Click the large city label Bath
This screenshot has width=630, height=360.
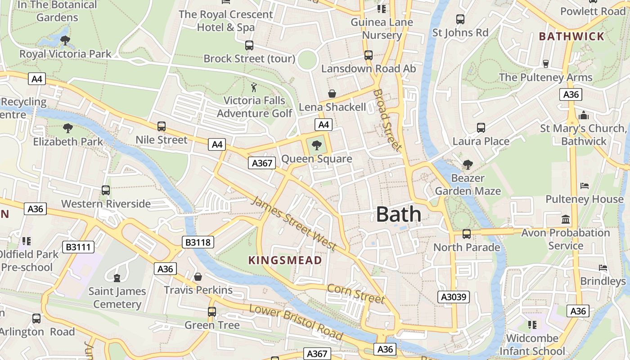tap(399, 214)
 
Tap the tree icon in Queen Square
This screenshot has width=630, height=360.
tap(317, 145)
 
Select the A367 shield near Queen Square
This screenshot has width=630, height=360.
tap(262, 163)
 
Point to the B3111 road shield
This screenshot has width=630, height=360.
tap(78, 247)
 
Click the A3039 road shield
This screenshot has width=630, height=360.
tap(454, 297)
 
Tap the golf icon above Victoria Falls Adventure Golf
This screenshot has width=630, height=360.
tap(254, 87)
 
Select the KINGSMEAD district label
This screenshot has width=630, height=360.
tap(285, 260)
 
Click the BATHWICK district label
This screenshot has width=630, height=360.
tap(571, 36)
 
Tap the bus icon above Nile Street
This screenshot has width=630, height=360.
tap(162, 126)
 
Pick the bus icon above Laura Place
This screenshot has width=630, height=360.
tap(481, 128)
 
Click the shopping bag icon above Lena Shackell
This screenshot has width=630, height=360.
tap(332, 94)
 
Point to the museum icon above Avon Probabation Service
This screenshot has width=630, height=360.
tap(566, 219)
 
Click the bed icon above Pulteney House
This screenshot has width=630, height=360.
tap(584, 185)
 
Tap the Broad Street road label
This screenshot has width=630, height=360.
tap(387, 120)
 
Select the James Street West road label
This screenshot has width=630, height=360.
tap(293, 224)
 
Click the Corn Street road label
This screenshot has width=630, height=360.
tap(356, 293)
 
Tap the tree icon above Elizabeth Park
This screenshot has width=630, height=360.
tap(68, 128)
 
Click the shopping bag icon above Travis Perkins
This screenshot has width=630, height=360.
tap(198, 276)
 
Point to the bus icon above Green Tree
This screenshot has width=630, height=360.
tap(211, 311)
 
